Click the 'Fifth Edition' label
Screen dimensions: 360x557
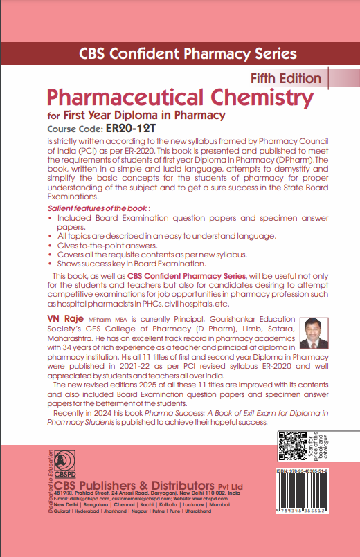tap(284, 78)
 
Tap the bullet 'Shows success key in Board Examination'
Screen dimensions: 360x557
tap(132, 264)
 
